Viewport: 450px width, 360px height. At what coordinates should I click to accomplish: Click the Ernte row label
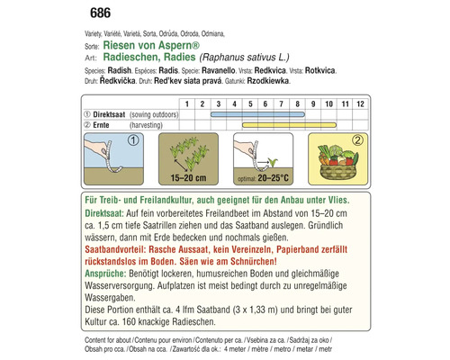point(103,127)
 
